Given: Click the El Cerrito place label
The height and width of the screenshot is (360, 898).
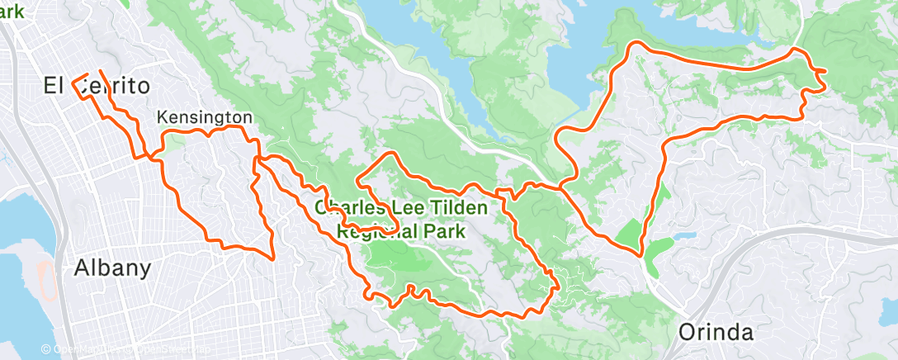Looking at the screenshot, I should (x=97, y=85).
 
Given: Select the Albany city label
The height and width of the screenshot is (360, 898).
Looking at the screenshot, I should (x=112, y=268).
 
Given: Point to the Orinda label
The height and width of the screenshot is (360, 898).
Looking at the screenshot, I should (x=716, y=332).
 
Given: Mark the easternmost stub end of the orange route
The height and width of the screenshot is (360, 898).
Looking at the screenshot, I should (x=825, y=72).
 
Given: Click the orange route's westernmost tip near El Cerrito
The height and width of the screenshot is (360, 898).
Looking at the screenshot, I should (x=73, y=82).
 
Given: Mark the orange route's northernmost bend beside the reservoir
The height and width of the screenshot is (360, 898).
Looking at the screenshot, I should (x=636, y=42).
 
